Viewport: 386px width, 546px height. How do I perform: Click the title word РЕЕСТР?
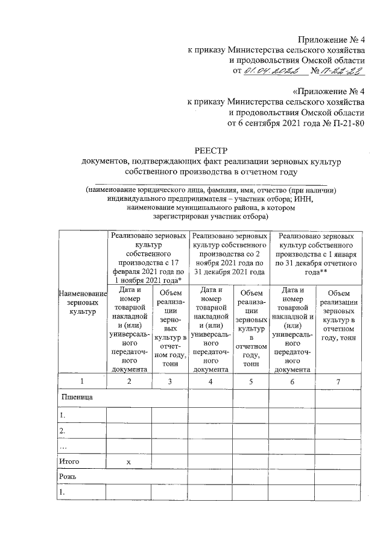coord(208,150)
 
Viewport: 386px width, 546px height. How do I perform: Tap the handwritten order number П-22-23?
coord(341,72)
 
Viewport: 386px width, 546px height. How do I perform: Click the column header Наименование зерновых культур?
coord(81,305)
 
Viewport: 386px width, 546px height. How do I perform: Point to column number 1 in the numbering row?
coord(81,381)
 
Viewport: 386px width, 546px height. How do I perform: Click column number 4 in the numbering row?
coord(210,381)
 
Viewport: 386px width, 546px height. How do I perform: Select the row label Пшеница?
coord(77,398)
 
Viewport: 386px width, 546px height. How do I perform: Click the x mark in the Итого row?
coord(128,462)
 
